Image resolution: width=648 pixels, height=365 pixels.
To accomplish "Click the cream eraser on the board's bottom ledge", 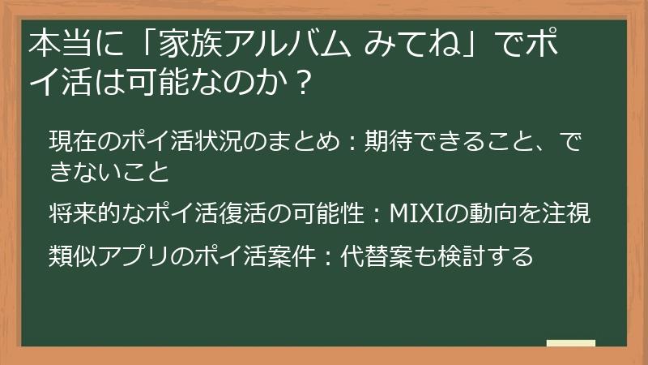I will pyautogui.click(x=570, y=344).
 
